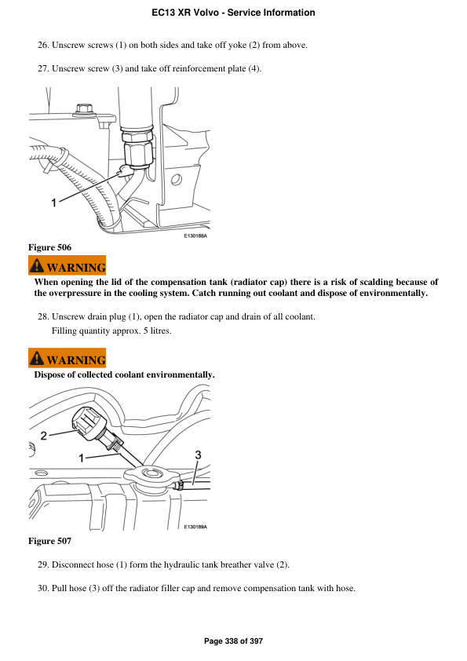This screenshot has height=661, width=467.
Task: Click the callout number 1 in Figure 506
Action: click(54, 203)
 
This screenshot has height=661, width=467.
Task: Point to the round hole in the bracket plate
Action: click(177, 180)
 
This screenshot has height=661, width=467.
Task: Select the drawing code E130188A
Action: click(195, 235)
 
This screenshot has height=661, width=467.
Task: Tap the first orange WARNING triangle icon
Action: click(38, 265)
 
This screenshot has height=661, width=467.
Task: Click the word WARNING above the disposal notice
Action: click(76, 360)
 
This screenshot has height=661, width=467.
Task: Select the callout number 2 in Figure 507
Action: click(44, 435)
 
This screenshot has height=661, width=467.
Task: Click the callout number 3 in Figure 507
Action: click(198, 455)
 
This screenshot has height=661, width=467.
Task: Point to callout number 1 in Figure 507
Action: click(82, 457)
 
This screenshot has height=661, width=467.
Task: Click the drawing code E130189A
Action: click(195, 528)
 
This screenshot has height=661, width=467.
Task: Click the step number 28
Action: click(43, 316)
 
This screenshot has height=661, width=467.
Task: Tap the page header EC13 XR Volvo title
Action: click(233, 13)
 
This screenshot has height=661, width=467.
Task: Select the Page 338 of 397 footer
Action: click(233, 641)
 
